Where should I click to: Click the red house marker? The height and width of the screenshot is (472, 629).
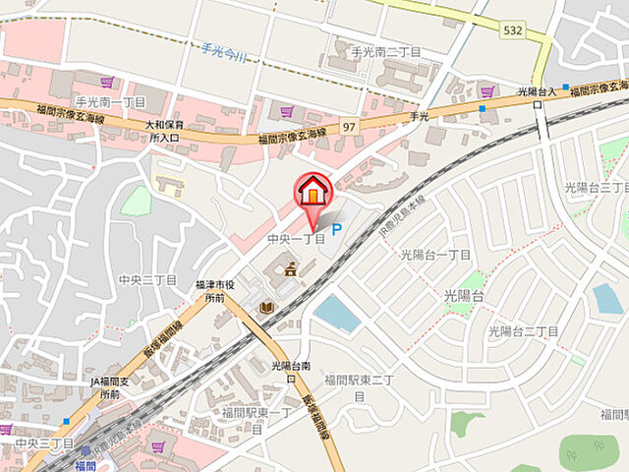point(313,189)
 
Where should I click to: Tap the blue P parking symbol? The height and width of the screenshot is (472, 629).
point(336,230)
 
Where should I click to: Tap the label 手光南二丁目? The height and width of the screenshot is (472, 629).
point(386,51)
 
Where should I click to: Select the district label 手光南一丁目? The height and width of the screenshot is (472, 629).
point(110,101)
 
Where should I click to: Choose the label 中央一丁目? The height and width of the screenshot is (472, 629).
point(296,239)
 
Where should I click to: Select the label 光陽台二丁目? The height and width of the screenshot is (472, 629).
point(524,331)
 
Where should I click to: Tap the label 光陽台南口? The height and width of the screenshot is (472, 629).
point(291,371)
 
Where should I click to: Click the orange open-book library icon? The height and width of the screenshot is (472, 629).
point(266,308)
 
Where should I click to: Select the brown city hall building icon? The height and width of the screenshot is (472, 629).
point(291,267)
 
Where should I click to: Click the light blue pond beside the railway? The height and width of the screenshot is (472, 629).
point(337,313)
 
